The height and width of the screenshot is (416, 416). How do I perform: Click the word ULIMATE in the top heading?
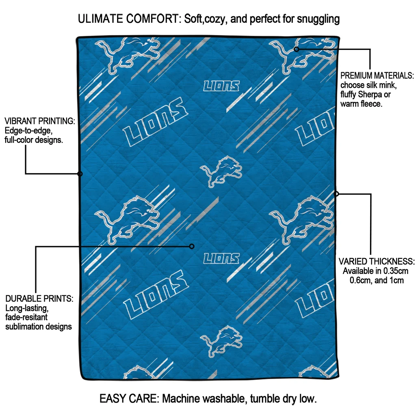(x=101, y=19)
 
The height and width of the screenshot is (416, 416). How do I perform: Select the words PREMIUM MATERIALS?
(x=377, y=76)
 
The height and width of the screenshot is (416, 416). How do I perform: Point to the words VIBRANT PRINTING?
(x=40, y=121)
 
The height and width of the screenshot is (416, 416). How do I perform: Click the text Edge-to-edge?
(x=28, y=130)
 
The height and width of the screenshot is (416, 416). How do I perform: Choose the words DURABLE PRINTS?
(x=39, y=299)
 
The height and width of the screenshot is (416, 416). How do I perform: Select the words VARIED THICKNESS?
(x=377, y=261)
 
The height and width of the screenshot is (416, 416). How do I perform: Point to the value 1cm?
(x=396, y=280)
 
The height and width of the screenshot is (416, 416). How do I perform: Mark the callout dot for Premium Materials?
(x=297, y=49)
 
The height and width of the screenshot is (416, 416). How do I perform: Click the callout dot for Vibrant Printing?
(x=80, y=174)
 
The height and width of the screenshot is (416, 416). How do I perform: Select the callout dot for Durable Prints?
(x=192, y=247)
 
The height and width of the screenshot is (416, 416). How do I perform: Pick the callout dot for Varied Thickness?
(x=336, y=194)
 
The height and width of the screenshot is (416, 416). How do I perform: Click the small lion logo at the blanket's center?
(x=221, y=171)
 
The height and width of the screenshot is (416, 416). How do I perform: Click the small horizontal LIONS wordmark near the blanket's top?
(x=221, y=86)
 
